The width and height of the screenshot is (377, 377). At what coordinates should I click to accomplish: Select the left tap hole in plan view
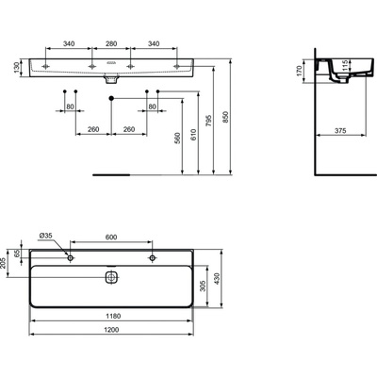71,257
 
